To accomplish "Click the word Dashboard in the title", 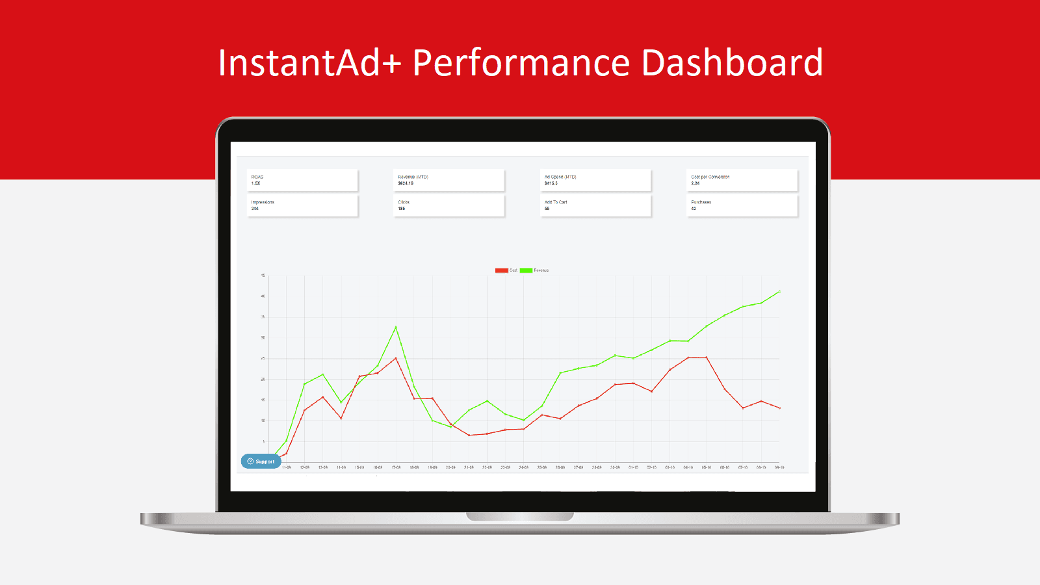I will (x=732, y=62).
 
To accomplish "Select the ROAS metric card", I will (x=302, y=180).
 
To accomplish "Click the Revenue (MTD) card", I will (x=448, y=180).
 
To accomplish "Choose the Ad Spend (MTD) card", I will (x=595, y=180).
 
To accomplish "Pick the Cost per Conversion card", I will (x=742, y=180).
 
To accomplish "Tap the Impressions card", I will (x=302, y=205).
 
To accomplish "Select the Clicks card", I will (x=448, y=205).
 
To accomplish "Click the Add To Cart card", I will (x=595, y=205).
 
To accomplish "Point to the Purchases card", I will (x=742, y=205).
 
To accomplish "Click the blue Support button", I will (x=261, y=461).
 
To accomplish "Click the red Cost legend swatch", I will (x=501, y=270).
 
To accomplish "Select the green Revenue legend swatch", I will (x=526, y=270).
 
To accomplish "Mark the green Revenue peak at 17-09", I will (x=396, y=327).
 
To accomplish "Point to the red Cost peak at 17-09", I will (x=396, y=358).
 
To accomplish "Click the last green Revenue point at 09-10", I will (x=779, y=292).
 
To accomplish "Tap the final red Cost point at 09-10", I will (x=779, y=408).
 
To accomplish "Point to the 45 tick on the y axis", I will (x=263, y=276).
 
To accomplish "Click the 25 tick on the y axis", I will (x=263, y=359).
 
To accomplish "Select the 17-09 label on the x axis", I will (x=396, y=467).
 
